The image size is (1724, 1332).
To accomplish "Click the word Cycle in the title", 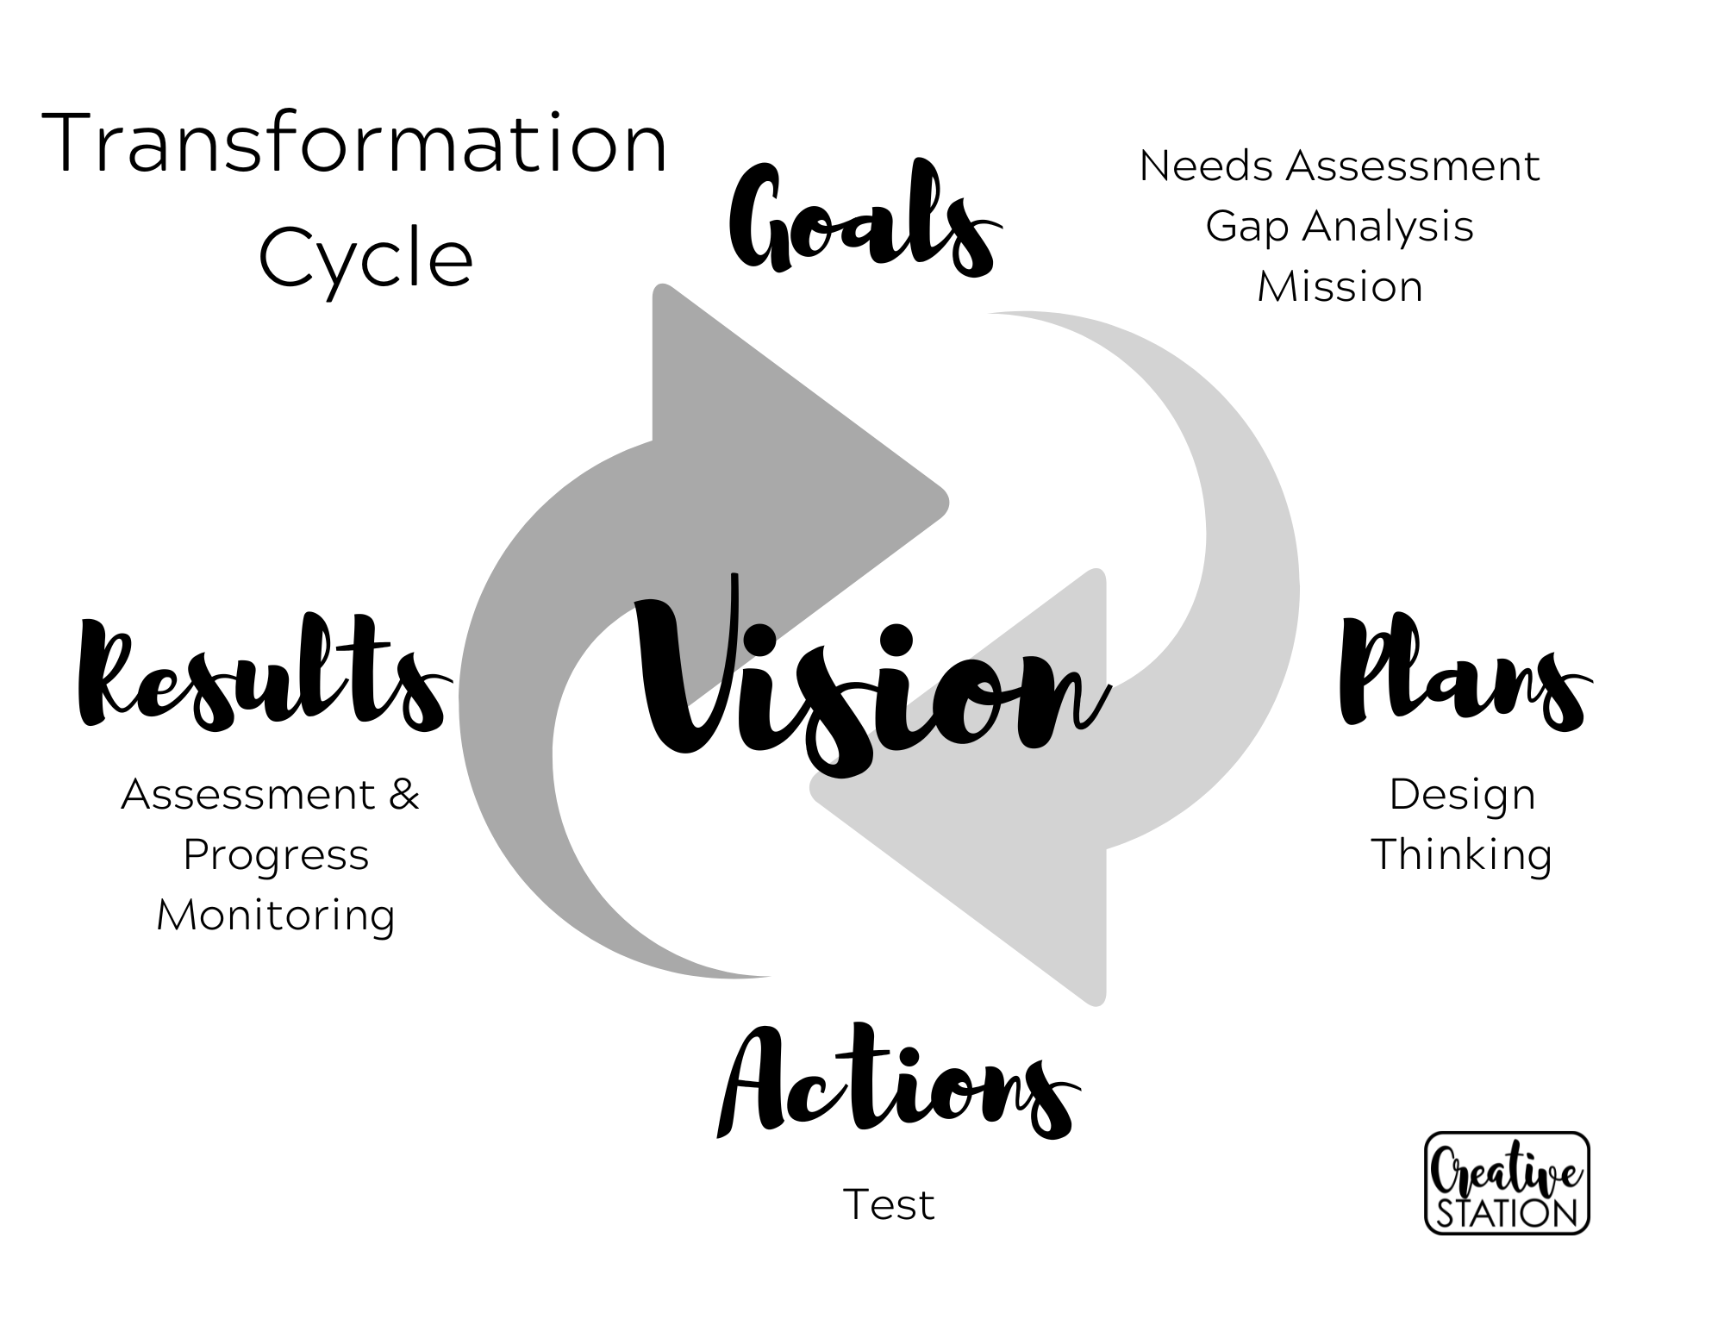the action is coord(365,258).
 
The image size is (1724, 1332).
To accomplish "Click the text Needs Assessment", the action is coord(1339,166).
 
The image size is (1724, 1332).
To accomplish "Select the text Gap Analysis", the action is coord(1339,226).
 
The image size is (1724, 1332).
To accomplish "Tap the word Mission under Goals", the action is coord(1339,286).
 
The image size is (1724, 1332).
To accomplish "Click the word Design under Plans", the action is coord(1462,794).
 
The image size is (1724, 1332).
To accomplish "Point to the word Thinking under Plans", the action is coord(1462,854).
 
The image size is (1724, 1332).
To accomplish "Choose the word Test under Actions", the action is coord(888,1204).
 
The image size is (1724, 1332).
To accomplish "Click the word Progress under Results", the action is coord(276,854).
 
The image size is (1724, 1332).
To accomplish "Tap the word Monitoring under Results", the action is coord(276,915).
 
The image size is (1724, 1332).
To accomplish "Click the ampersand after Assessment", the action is coord(403,794).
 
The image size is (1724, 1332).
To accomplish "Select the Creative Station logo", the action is coord(1507,1183).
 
